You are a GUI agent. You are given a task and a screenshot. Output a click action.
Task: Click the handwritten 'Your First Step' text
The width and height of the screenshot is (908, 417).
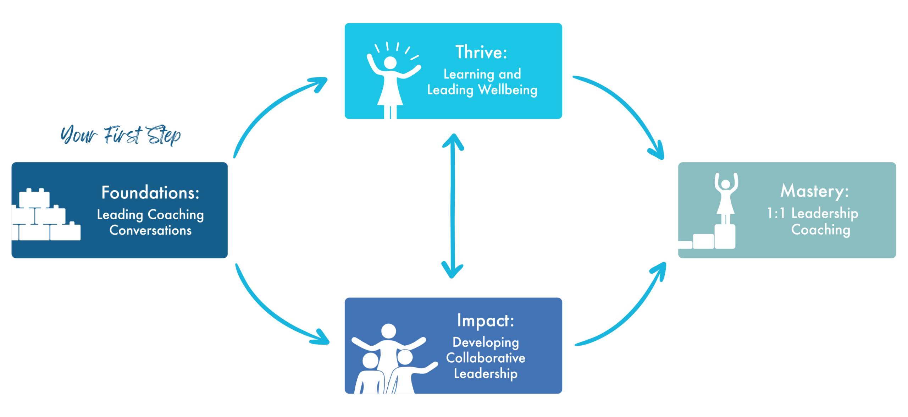tap(121, 135)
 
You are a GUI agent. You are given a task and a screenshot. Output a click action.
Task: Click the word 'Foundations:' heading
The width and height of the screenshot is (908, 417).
tap(150, 193)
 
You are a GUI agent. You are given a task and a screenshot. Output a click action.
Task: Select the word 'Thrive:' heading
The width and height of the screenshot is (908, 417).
tap(481, 53)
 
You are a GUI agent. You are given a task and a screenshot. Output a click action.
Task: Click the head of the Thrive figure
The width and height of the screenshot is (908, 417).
tap(390, 63)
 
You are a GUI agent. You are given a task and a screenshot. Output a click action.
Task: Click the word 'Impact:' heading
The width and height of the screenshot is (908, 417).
tap(486, 321)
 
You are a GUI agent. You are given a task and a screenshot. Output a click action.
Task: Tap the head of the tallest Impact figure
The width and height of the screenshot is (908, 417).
tap(388, 331)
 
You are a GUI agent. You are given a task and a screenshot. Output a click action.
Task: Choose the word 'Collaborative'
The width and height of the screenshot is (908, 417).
tap(486, 358)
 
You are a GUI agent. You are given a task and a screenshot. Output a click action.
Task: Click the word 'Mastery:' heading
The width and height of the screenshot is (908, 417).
tap(815, 191)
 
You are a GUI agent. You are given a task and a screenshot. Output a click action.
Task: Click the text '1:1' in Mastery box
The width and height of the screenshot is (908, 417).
tap(776, 213)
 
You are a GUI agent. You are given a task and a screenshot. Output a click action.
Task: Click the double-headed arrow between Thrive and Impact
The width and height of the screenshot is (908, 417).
tap(452, 206)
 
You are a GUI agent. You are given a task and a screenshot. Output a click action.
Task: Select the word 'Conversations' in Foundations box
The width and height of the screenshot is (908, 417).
tap(150, 231)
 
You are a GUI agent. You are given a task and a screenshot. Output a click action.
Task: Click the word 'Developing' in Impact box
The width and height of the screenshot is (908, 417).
tap(486, 342)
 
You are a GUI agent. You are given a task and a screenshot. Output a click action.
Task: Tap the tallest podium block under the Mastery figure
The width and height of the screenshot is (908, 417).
tap(725, 237)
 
